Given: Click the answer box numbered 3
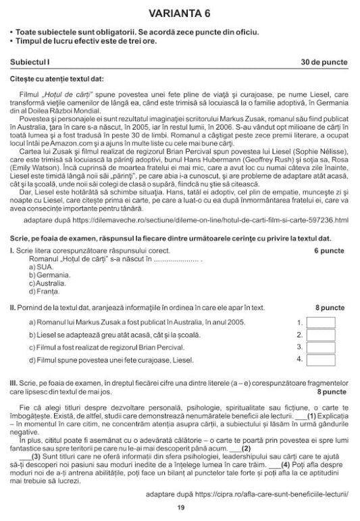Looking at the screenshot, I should [x=320, y=347].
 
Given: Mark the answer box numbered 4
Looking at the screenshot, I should [x=320, y=359].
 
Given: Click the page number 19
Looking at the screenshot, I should [x=180, y=508].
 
